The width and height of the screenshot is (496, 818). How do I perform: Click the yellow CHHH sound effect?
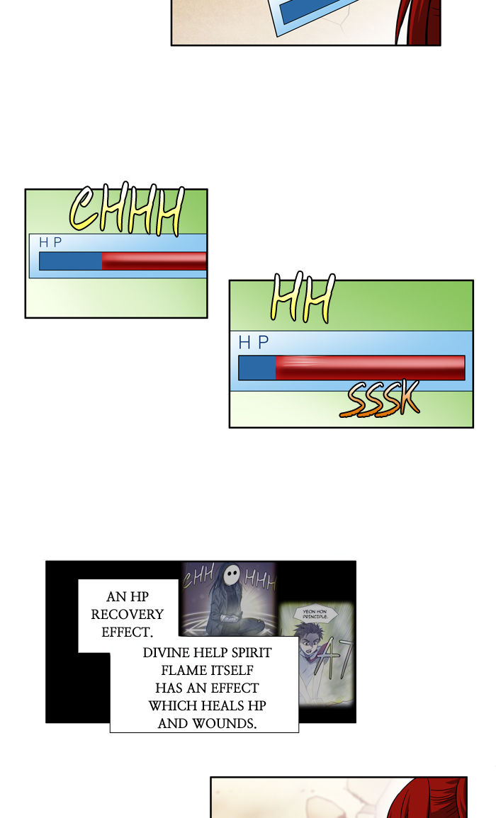coord(126,210)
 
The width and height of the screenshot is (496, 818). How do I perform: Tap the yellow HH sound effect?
coord(302,300)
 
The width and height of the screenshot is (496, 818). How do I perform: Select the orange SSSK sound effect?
coord(379,401)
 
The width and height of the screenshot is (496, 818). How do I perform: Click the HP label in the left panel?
coord(50,243)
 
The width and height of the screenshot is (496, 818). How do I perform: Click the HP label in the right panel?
coord(254,343)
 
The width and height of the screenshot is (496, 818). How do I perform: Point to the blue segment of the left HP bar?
coord(70,261)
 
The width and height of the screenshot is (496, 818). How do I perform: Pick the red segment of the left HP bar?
coord(154,261)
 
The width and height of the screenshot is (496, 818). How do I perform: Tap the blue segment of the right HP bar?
coord(257,368)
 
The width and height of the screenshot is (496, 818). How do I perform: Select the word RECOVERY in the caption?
coord(128,615)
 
